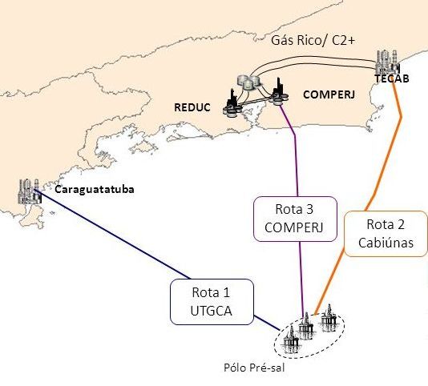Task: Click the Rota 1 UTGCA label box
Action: (x=212, y=302)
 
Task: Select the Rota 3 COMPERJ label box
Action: (x=295, y=219)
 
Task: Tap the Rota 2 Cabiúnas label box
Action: (x=386, y=234)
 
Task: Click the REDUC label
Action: (x=192, y=107)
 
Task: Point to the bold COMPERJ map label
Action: (x=329, y=94)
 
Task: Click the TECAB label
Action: (x=392, y=78)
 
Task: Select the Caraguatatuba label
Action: (x=95, y=189)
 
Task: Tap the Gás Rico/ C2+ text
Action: (x=313, y=40)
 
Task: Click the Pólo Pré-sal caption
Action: (x=254, y=368)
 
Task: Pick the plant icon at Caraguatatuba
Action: (x=30, y=191)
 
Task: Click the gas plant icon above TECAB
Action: (x=387, y=62)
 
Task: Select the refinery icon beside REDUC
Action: (x=232, y=103)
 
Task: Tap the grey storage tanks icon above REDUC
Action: (x=248, y=82)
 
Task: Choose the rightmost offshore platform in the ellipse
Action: (x=329, y=318)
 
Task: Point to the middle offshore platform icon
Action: (x=306, y=326)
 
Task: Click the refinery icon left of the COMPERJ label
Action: (x=278, y=93)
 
